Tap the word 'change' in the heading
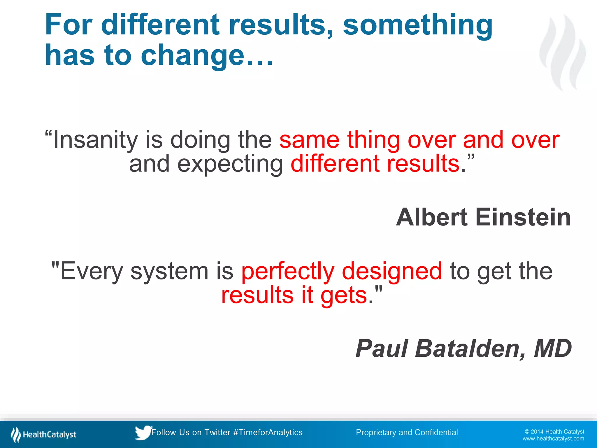pyautogui.click(x=192, y=55)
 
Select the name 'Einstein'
pyautogui.click(x=523, y=217)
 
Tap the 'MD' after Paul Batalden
pyautogui.click(x=552, y=349)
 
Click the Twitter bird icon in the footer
pyautogui.click(x=143, y=433)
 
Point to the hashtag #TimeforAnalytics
pyautogui.click(x=268, y=433)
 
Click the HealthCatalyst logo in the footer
pyautogui.click(x=44, y=435)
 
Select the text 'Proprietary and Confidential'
pyautogui.click(x=407, y=433)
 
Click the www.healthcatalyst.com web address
pyautogui.click(x=553, y=439)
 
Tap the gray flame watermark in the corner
pyautogui.click(x=563, y=52)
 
